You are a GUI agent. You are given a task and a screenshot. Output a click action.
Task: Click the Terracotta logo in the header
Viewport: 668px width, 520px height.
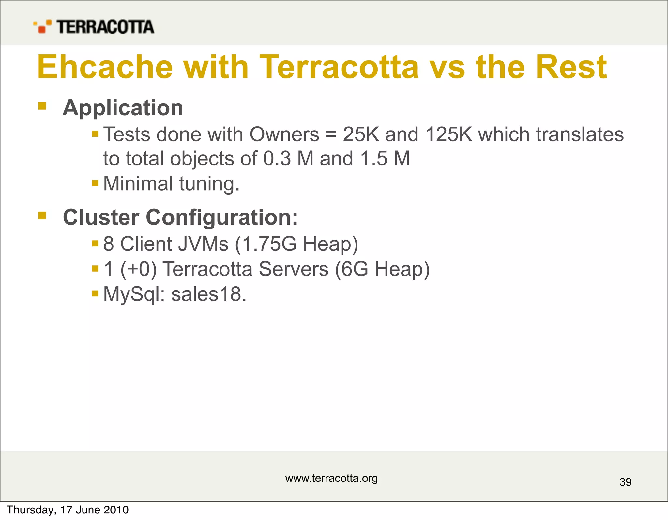tap(94, 27)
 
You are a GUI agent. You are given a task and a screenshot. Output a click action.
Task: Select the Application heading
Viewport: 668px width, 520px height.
tap(123, 108)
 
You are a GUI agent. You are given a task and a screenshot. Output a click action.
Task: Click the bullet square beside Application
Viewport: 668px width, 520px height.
tap(42, 106)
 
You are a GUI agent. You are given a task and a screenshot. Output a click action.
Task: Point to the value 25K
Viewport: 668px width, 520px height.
tap(361, 134)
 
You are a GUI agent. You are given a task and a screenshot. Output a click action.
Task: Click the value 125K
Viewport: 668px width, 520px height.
tap(449, 134)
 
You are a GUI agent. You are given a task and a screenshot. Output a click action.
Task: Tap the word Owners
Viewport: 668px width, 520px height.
tap(284, 134)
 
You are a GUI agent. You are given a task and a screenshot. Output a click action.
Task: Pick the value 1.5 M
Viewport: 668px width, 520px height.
tap(385, 159)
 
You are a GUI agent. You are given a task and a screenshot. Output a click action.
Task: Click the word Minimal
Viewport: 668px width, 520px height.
tap(138, 183)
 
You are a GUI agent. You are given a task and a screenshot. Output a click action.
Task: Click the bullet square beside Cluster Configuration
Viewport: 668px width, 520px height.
tap(42, 215)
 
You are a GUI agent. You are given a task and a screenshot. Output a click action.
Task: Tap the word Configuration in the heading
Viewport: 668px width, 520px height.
tap(222, 217)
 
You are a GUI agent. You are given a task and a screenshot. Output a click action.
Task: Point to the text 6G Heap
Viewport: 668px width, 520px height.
tap(382, 269)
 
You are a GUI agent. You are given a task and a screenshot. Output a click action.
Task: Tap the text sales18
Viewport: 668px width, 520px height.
tap(209, 294)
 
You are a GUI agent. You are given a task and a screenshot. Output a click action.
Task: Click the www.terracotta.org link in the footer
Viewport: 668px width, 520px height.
tap(331, 478)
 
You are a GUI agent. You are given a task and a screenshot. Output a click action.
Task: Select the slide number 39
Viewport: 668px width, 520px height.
tap(625, 482)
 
